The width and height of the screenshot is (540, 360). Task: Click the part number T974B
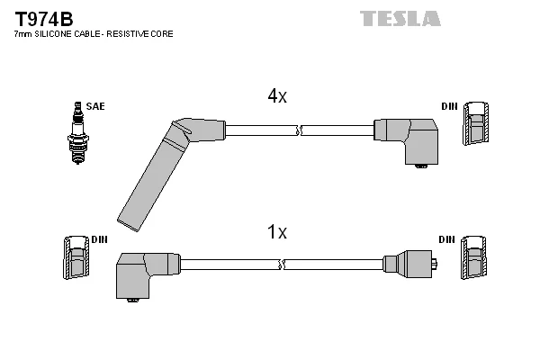44,19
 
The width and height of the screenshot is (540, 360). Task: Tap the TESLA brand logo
400,19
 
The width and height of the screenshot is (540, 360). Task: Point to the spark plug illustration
78,133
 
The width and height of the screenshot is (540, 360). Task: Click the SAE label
95,106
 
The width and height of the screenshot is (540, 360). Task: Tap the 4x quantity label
277,95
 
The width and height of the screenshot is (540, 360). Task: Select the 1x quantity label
277,231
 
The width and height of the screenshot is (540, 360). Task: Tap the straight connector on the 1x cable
410,265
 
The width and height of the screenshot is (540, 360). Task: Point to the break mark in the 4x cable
299,130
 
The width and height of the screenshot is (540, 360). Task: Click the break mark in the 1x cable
282,265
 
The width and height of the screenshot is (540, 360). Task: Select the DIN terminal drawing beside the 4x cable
475,123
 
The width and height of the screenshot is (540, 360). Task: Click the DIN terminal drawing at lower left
76,257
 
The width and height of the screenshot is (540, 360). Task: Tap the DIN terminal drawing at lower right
473,257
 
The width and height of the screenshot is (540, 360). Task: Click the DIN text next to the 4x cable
449,106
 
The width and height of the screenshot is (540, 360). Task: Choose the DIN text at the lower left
99,239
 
